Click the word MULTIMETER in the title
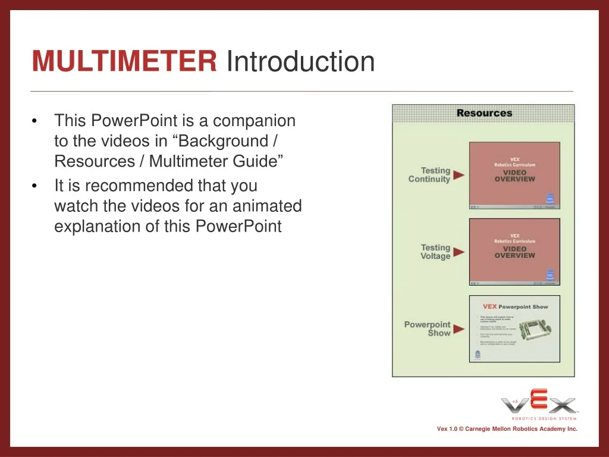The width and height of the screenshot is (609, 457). click(124, 61)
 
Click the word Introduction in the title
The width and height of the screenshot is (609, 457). click(300, 61)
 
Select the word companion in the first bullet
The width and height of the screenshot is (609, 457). click(254, 121)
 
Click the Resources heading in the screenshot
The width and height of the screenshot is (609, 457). click(484, 113)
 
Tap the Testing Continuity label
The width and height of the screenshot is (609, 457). click(429, 175)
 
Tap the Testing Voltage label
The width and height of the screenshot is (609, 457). click(435, 252)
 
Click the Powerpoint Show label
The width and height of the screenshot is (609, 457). click(428, 328)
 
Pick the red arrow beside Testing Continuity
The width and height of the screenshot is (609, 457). click(459, 175)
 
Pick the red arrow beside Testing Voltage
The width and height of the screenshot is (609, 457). click(459, 252)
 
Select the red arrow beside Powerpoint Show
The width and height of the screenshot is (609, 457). click(459, 328)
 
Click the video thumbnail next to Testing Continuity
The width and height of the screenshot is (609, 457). click(514, 175)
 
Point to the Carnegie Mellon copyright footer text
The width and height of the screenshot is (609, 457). click(507, 429)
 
